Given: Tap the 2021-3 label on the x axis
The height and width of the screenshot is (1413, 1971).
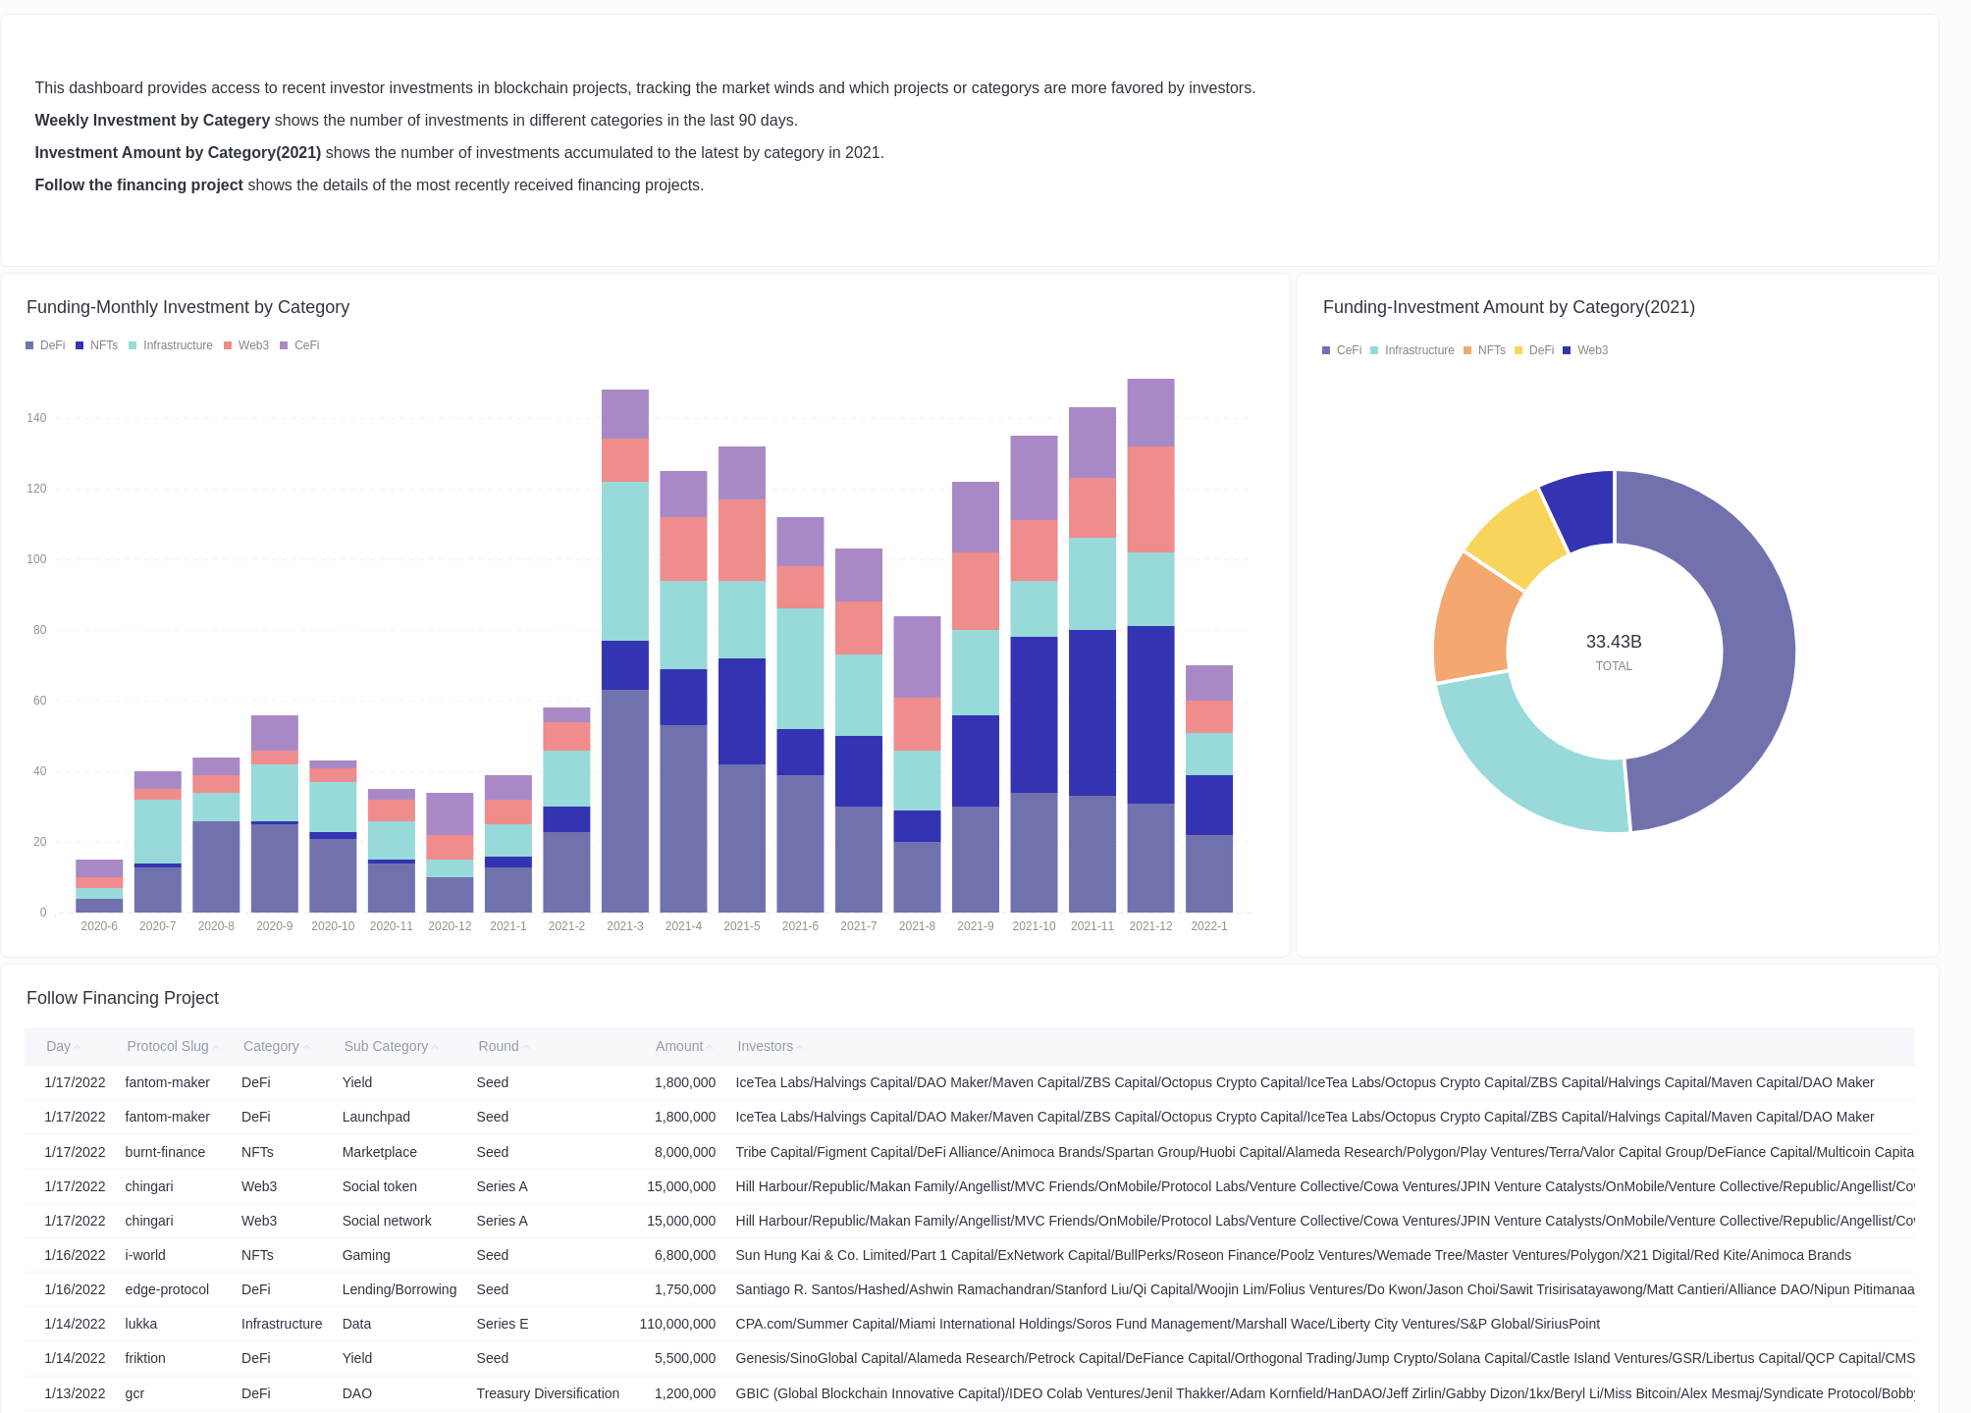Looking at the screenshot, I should [624, 926].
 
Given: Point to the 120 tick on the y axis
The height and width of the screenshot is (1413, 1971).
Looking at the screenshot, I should [36, 489].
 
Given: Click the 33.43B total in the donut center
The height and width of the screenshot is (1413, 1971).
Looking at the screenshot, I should [1613, 642].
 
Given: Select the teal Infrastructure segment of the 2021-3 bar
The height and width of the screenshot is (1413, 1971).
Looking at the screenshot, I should [624, 561].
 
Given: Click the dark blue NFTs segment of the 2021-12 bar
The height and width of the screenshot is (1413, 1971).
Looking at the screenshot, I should [1150, 714].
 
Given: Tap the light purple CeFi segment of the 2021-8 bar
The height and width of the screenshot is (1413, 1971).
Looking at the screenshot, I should [917, 656].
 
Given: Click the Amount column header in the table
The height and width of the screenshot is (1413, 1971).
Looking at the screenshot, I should [679, 1046].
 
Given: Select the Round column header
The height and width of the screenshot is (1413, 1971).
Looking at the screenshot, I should [499, 1046].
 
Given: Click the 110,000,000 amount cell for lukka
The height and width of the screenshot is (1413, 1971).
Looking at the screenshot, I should [677, 1324].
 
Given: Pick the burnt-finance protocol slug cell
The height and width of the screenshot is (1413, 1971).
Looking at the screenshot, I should [165, 1152].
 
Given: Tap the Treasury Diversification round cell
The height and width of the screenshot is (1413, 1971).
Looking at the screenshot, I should [548, 1393].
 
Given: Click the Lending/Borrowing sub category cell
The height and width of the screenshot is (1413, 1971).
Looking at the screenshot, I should [399, 1289].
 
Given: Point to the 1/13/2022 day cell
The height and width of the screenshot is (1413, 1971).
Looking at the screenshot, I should [75, 1393].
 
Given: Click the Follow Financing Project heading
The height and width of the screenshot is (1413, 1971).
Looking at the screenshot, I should [123, 998].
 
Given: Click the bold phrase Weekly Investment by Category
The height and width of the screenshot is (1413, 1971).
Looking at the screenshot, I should [152, 120].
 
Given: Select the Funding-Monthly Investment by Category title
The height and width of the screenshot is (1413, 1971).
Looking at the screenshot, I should [187, 307].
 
